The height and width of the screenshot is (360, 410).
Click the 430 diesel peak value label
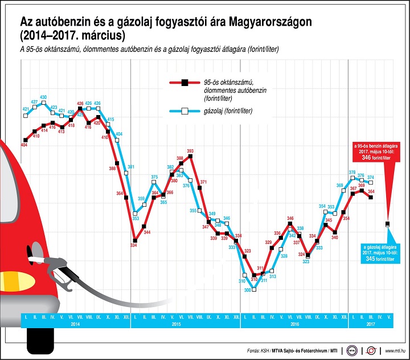pyautogui.click(x=43, y=97)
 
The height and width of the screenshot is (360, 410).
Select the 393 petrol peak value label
pyautogui.click(x=190, y=151)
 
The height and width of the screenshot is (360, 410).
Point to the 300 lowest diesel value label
pyautogui.click(x=247, y=290)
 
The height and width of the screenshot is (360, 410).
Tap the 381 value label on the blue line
pyautogui.click(x=130, y=167)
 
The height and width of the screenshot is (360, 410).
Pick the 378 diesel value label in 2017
pyautogui.click(x=352, y=172)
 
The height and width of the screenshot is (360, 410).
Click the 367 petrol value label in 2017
pyautogui.click(x=354, y=188)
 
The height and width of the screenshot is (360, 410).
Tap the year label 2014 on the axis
pyautogui.click(x=75, y=323)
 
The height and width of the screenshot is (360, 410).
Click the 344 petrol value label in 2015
pyautogui.click(x=147, y=232)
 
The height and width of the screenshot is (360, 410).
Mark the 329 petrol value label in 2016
pyautogui.click(x=269, y=242)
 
